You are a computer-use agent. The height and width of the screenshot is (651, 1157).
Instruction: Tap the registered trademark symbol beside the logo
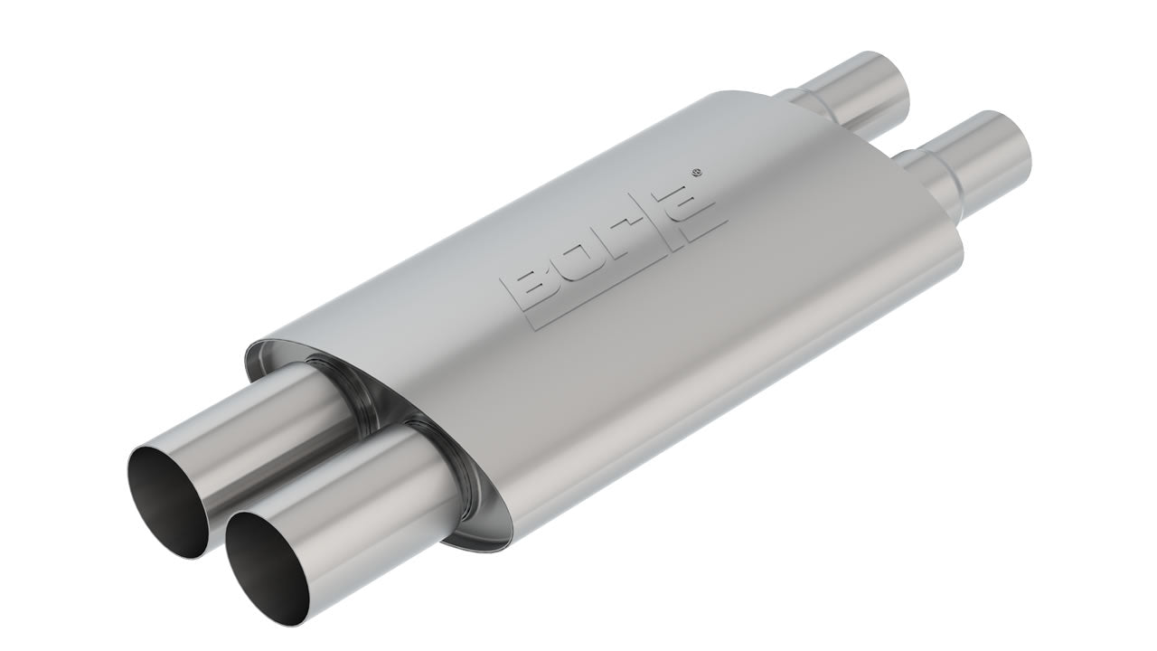[x=695, y=171]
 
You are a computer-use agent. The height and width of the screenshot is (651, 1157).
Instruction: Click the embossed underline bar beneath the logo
[x=633, y=271]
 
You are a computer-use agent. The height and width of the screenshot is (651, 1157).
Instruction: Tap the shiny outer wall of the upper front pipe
[x=253, y=425]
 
